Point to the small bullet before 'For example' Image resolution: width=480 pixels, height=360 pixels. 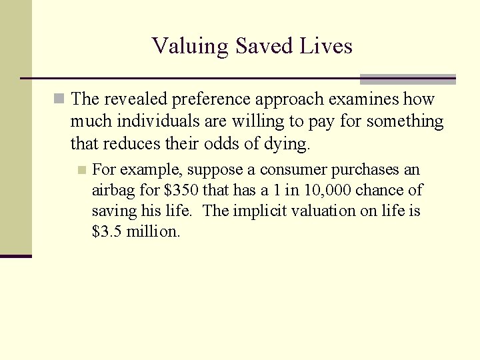[x=82, y=170]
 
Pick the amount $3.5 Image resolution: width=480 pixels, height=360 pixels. [x=107, y=231]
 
